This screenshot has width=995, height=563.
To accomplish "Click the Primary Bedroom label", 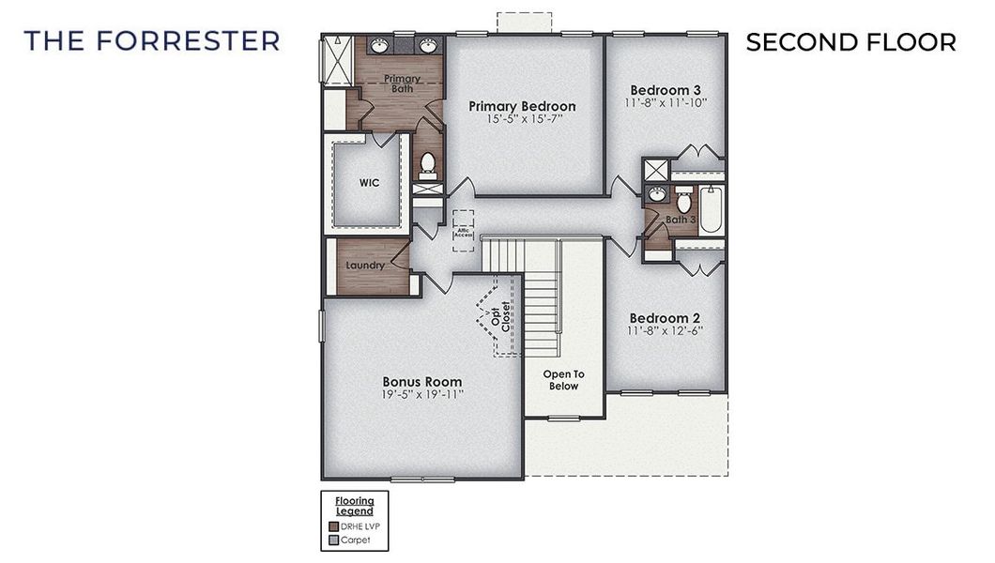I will point(522,106).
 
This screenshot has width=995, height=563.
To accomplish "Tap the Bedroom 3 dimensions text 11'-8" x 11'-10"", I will point(666,102).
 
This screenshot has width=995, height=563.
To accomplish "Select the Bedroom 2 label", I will point(666,317).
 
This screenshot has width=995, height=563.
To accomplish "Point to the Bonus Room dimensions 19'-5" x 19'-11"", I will point(421,395).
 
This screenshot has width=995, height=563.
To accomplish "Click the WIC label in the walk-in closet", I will point(369,182).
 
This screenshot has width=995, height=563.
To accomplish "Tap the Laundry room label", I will point(365,266).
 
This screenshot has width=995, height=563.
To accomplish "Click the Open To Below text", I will point(563,380).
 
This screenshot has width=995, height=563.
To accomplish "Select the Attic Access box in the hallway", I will point(463,231).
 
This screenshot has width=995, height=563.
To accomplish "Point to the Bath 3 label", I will point(681,220).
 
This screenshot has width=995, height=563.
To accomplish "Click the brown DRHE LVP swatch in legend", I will point(333,525).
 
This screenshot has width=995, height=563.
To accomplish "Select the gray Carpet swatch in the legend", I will point(333,539).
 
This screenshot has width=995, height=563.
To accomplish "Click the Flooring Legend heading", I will point(355,505).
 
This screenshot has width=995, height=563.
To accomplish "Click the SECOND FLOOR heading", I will point(850,42).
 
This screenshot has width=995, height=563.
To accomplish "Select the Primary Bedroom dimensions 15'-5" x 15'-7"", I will point(522,120).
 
